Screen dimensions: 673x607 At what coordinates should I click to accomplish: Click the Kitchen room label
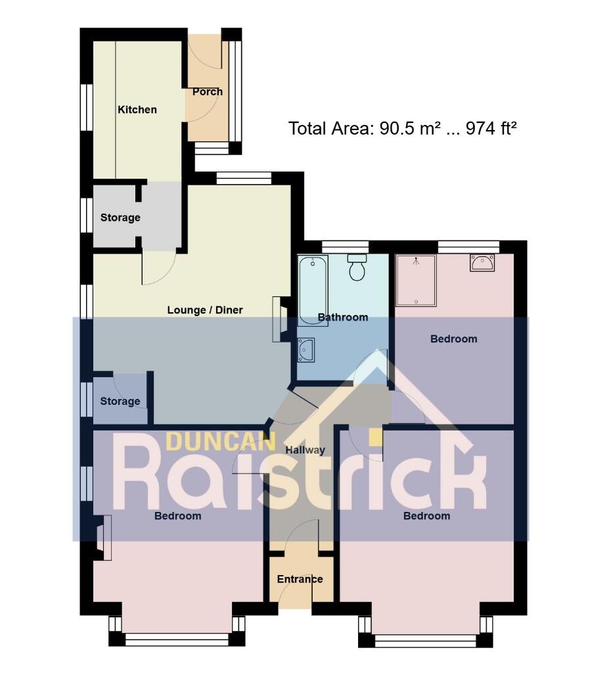click(x=137, y=110)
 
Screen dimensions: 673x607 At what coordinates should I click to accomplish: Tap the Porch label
click(x=207, y=91)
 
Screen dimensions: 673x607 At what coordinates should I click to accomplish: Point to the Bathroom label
click(x=342, y=317)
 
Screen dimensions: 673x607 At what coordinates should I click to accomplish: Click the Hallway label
click(x=305, y=450)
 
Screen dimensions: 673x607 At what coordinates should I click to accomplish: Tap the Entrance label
click(x=300, y=579)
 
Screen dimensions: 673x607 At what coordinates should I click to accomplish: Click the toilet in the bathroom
click(x=357, y=267)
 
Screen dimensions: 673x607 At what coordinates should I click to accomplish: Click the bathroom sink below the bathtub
click(x=306, y=350)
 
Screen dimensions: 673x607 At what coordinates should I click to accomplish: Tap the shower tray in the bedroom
click(x=416, y=280)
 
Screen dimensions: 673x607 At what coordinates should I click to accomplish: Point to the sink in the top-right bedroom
click(x=483, y=263)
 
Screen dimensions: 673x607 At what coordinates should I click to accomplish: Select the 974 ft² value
click(x=491, y=128)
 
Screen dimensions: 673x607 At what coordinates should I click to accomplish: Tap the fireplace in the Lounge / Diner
click(x=279, y=319)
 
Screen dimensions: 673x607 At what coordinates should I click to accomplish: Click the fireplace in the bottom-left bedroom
click(x=103, y=537)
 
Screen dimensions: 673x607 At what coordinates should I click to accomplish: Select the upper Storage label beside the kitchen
click(x=120, y=218)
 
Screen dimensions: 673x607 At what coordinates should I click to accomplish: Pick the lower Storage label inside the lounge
click(x=120, y=401)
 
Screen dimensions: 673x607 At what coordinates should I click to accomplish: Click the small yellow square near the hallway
click(x=375, y=437)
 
